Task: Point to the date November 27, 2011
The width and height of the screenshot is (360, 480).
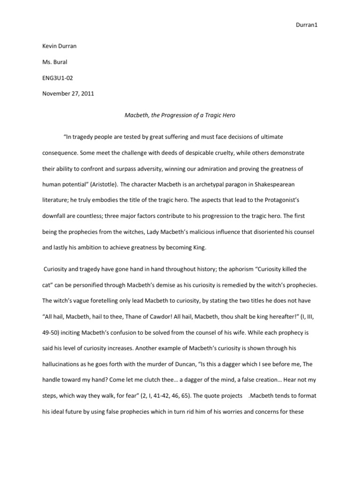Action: [x=68, y=93]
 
